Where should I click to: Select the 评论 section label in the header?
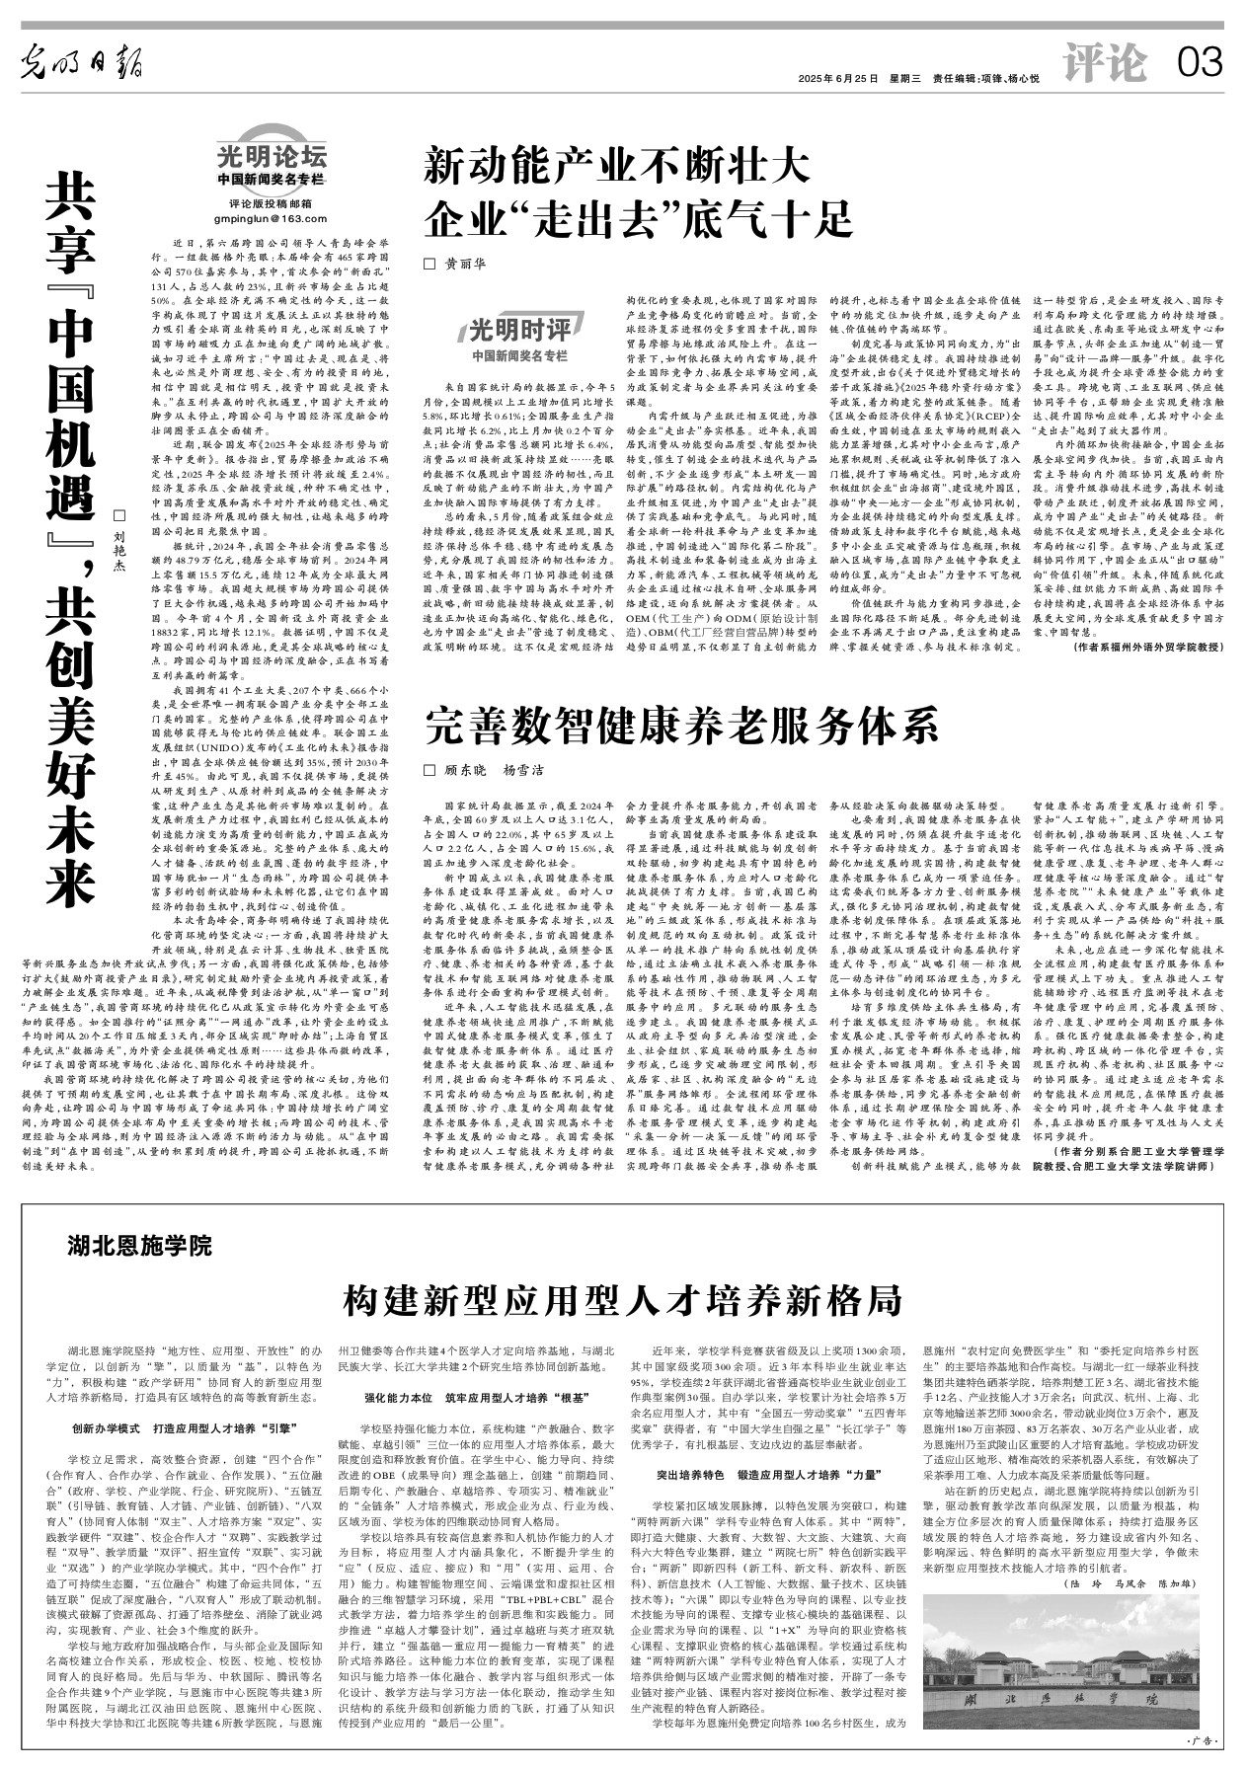pyautogui.click(x=1105, y=64)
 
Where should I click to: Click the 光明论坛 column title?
pyautogui.click(x=272, y=156)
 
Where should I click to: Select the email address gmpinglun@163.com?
pyautogui.click(x=272, y=218)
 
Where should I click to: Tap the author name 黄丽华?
pyautogui.click(x=465, y=264)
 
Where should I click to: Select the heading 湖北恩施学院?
pyautogui.click(x=140, y=1247)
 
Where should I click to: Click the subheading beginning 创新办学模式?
pyautogui.click(x=186, y=1428)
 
